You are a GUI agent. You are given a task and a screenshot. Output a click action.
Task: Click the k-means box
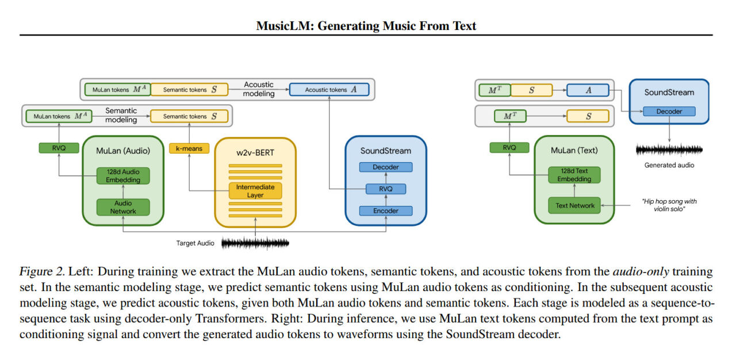point(189,148)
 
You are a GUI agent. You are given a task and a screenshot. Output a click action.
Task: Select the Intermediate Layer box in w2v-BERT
point(255,191)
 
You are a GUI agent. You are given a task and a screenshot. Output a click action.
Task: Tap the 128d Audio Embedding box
point(123,176)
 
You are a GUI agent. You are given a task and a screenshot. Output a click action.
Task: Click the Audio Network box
point(123,207)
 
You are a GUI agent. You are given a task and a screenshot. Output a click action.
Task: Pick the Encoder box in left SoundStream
point(386,210)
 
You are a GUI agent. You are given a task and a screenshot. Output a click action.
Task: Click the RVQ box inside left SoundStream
point(386,189)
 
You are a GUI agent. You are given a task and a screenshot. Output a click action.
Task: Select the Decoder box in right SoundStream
point(669,112)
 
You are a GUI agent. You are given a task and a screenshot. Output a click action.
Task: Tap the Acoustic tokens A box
point(329,90)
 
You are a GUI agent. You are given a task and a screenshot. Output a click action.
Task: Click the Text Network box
point(575,205)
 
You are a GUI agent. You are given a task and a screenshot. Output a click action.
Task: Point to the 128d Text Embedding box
point(575,175)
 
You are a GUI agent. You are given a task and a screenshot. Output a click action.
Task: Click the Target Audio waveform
point(255,243)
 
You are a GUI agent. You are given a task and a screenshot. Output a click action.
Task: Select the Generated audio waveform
point(669,150)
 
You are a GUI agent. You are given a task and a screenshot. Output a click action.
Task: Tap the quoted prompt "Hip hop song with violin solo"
point(669,205)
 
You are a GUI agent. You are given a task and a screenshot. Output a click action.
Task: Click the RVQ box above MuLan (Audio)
point(59,148)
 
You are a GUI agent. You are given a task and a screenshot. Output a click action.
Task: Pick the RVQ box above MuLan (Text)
point(509,148)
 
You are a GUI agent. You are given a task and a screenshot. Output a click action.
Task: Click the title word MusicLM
point(278,25)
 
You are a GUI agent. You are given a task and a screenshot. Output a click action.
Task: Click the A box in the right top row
point(588,90)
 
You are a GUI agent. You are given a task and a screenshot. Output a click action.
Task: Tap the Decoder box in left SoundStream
point(386,167)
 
